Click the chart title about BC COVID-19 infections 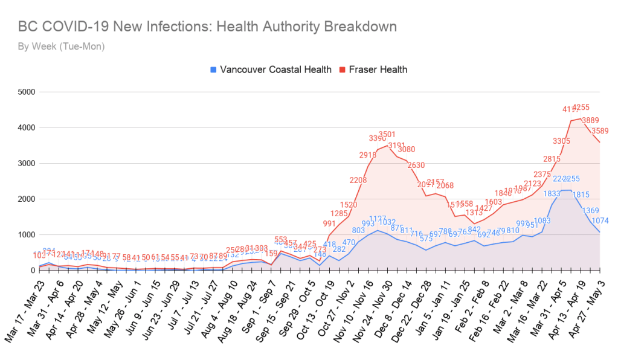point(207,27)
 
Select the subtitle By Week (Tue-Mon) point(62,46)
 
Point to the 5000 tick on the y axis point(27,92)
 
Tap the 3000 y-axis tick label point(27,163)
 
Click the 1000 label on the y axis point(27,234)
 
